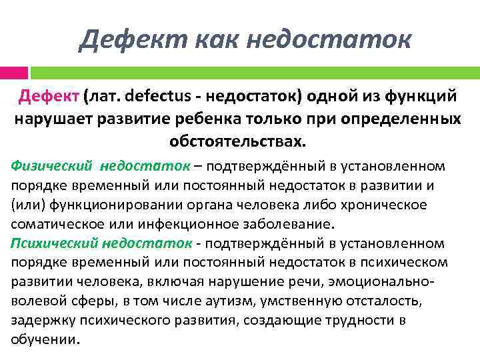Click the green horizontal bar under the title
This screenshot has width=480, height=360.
(x=253, y=71)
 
